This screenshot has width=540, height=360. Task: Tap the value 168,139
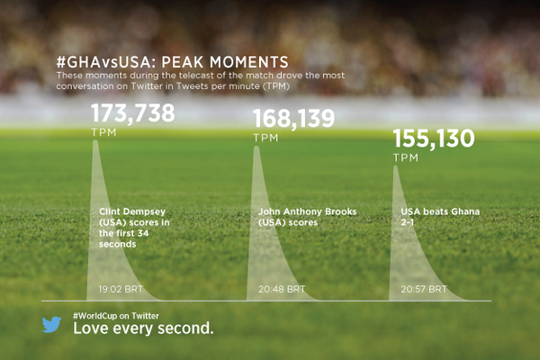[293, 119]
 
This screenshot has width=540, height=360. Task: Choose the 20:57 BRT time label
[425, 290]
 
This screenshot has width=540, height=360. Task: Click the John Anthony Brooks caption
[294, 216]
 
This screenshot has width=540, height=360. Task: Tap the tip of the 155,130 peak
[397, 166]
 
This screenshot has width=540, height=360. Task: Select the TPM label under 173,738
[104, 132]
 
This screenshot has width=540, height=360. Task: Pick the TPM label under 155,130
[407, 157]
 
